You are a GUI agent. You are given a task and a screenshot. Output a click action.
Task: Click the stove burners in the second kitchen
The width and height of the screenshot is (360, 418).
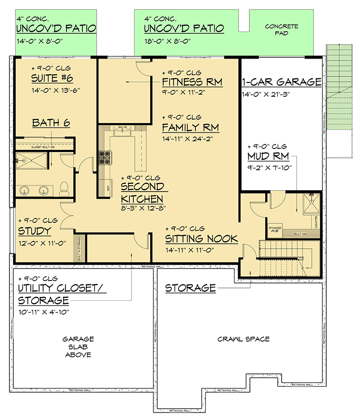pyautogui.click(x=105, y=157)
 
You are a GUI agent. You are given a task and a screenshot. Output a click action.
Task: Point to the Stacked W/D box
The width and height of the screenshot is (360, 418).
pyautogui.click(x=275, y=229)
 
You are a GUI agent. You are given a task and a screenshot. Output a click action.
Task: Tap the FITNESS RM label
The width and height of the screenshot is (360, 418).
pyautogui.click(x=192, y=82)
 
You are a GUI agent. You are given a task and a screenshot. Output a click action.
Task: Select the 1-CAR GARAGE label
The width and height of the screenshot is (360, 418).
pyautogui.click(x=281, y=82)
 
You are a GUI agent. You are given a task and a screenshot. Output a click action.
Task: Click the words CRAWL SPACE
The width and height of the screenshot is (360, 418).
pyautogui.click(x=243, y=339)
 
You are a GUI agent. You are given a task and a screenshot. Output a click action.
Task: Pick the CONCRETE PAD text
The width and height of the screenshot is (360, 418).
pyautogui.click(x=281, y=29)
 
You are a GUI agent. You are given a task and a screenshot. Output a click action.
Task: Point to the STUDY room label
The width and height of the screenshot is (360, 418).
pyautogui.click(x=34, y=231)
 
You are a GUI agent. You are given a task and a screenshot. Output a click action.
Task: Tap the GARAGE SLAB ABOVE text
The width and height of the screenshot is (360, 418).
pyautogui.click(x=78, y=347)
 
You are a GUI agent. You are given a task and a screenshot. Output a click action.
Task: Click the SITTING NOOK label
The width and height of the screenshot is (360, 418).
pyautogui.click(x=201, y=239)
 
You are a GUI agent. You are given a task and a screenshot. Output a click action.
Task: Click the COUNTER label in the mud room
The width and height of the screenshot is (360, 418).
pyautogui.click(x=315, y=216)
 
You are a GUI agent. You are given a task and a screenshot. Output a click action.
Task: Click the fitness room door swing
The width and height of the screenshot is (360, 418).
pyautogui.click(x=141, y=70)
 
